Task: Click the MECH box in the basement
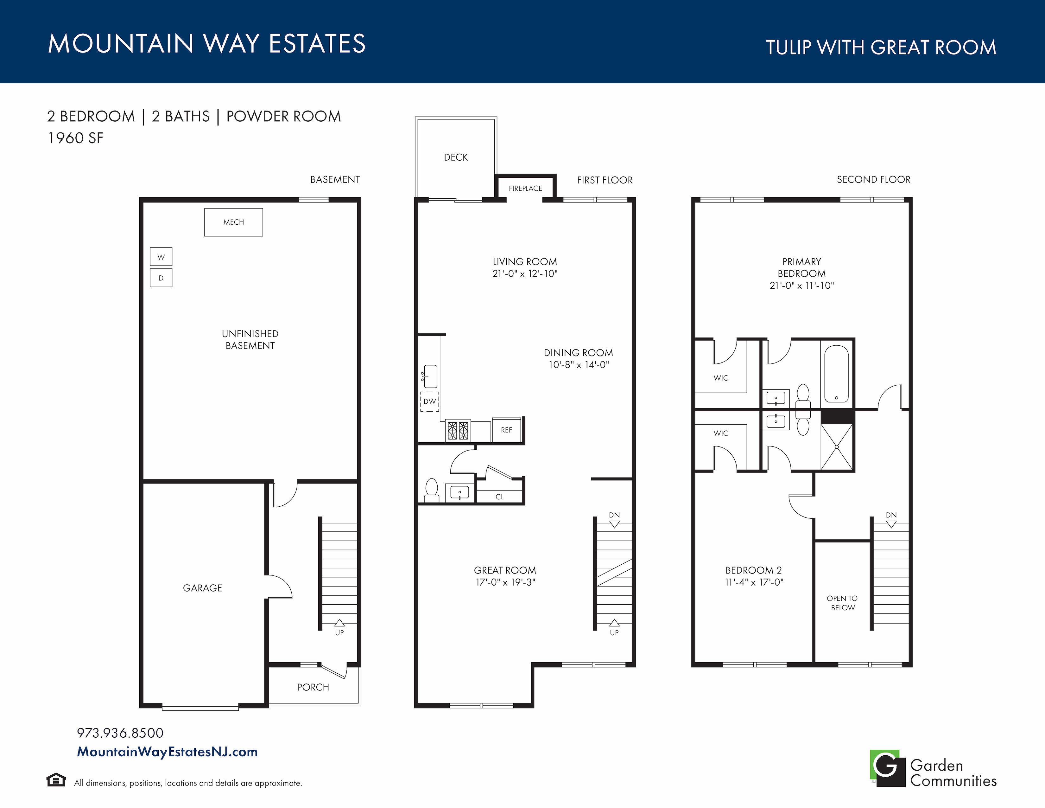[x=233, y=222]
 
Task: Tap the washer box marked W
[x=161, y=257]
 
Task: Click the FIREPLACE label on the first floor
[x=525, y=189]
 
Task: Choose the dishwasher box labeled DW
[x=430, y=401]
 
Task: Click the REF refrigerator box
[x=506, y=430]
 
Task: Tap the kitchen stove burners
[x=458, y=430]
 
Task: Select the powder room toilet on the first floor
[x=432, y=490]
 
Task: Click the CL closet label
[x=499, y=497]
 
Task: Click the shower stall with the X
[x=837, y=446]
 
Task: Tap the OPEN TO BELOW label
[x=843, y=603]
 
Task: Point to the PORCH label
[x=313, y=687]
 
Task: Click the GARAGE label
[x=202, y=588]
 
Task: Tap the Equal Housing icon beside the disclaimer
[x=56, y=780]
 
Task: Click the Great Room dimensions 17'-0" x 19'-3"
[x=505, y=582]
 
